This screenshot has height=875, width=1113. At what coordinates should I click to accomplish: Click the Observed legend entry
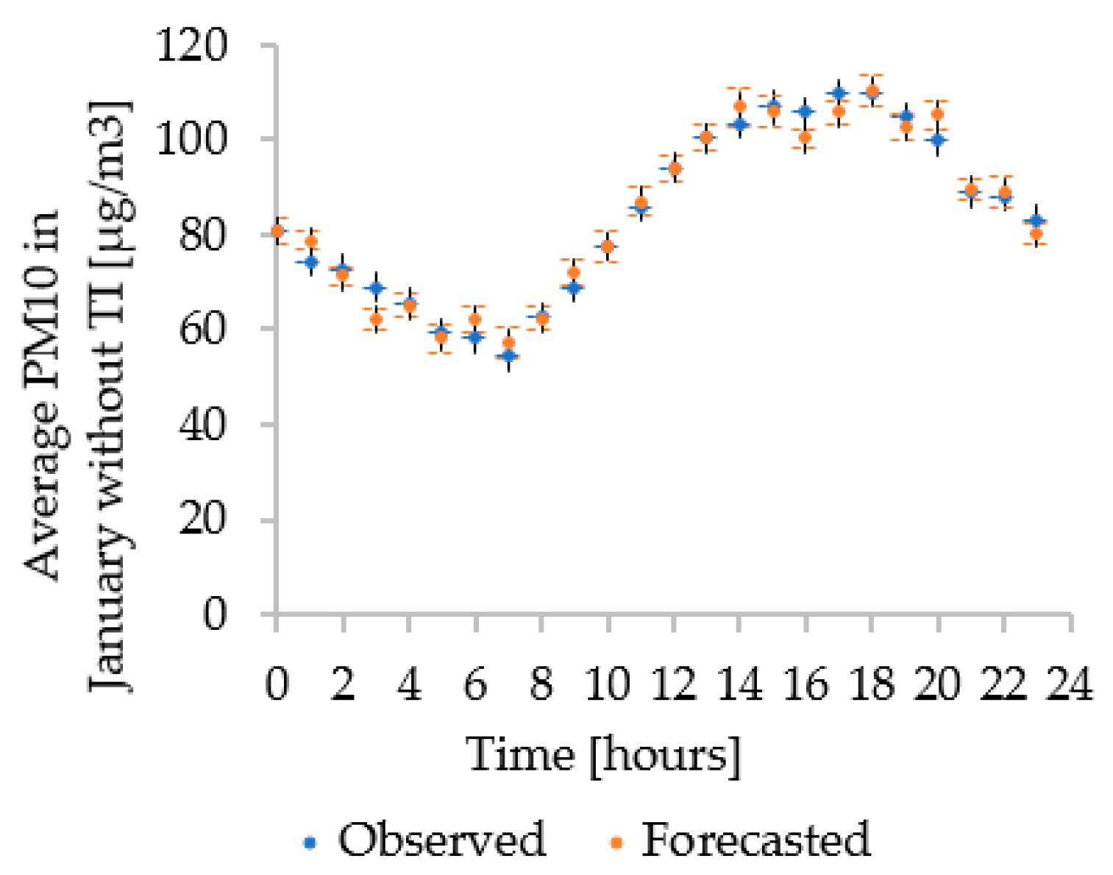(425, 840)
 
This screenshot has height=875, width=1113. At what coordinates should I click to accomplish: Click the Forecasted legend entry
(740, 840)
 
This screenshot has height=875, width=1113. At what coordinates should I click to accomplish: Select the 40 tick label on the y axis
(202, 425)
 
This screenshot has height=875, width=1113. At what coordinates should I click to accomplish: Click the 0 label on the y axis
(214, 614)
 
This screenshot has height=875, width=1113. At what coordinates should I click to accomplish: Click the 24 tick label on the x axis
(1070, 684)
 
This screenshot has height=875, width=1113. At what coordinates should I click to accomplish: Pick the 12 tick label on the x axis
(673, 684)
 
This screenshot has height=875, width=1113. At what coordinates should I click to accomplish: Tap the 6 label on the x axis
(475, 684)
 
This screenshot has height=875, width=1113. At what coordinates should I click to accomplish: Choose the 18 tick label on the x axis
(871, 684)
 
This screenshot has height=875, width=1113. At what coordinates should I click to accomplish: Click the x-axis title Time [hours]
(603, 755)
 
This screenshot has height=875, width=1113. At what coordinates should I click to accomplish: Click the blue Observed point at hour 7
(508, 356)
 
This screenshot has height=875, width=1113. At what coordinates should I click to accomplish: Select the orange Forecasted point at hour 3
(376, 319)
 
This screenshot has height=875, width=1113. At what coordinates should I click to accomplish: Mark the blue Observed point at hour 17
(839, 93)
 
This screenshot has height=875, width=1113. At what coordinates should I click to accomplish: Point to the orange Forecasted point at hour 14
(740, 106)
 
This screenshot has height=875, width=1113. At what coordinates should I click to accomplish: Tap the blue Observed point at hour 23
(1036, 220)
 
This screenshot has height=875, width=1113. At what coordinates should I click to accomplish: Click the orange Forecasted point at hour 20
(937, 114)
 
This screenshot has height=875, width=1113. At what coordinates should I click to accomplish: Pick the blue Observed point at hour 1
(310, 261)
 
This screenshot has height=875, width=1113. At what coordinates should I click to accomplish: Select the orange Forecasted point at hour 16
(806, 137)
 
